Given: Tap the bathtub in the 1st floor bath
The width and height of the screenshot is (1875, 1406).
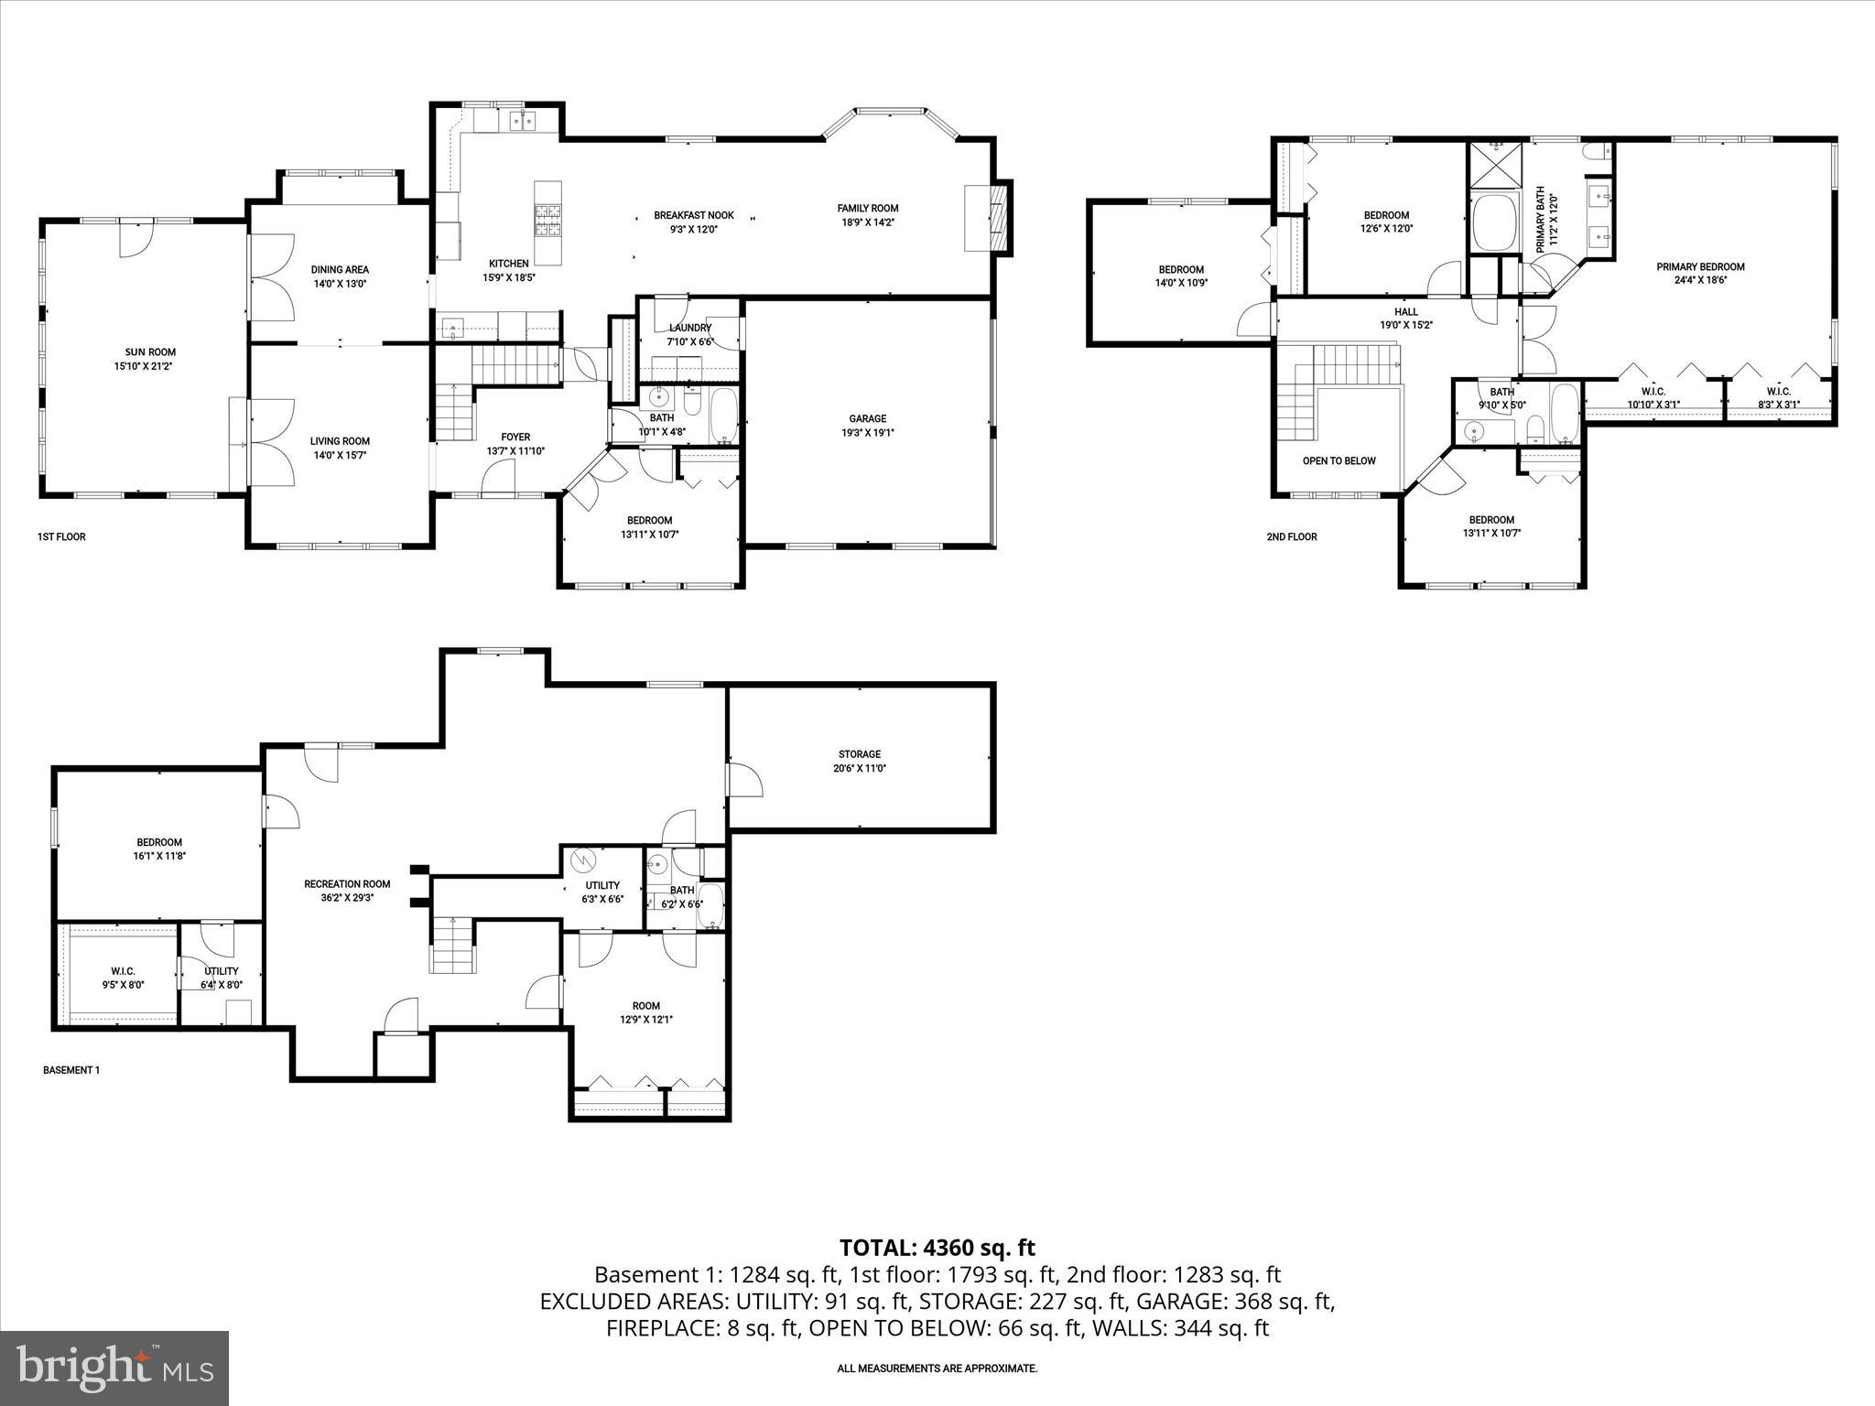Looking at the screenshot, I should click(723, 416).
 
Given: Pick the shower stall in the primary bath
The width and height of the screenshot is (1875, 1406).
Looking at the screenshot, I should click(1494, 165).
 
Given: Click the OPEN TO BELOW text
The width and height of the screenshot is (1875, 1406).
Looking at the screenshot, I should click(1339, 460).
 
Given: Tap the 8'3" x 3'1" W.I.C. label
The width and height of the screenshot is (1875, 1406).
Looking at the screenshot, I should click(1778, 397).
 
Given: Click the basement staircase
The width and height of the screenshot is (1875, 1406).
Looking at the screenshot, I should click(453, 945).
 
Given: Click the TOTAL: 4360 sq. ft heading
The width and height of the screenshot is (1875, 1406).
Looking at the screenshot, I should click(937, 1247).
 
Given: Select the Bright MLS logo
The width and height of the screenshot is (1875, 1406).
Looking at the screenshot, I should click(114, 1368).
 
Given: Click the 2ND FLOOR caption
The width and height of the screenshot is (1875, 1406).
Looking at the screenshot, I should click(1291, 536).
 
